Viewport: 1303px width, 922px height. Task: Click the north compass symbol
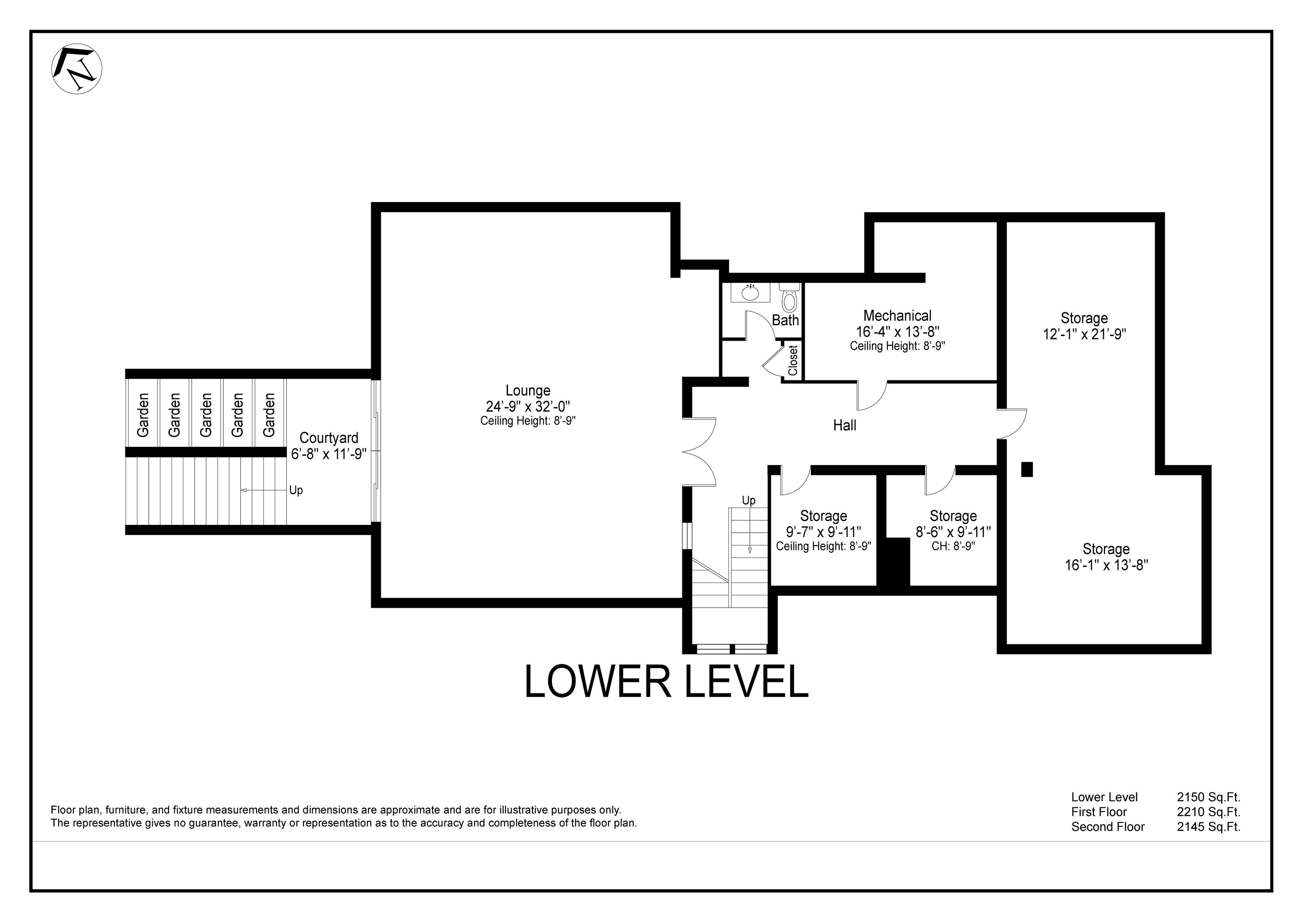pos(77,69)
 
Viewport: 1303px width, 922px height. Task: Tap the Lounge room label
pos(528,391)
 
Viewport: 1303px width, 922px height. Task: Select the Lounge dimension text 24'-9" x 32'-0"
pos(528,406)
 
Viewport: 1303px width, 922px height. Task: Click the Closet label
pos(793,361)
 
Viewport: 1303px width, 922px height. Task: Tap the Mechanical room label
pos(897,316)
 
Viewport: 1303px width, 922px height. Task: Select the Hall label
pos(844,425)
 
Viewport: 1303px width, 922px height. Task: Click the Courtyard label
pos(329,438)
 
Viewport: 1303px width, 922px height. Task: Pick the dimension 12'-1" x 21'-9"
pos(1084,334)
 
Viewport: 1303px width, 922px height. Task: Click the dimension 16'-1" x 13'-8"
pos(1106,565)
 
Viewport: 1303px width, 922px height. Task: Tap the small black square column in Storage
pos(1026,469)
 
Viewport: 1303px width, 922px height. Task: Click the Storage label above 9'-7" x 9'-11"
pos(823,516)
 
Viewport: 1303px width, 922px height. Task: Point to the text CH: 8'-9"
pos(953,546)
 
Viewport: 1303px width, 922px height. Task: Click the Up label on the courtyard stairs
pos(296,490)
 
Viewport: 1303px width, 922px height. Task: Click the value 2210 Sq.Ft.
pos(1208,812)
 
